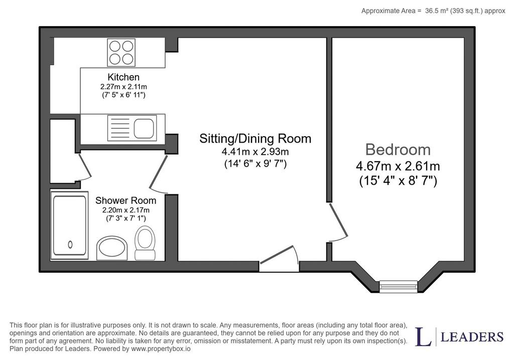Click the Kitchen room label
[x=123, y=77]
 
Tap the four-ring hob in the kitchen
[x=121, y=52]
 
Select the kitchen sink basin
[x=144, y=128]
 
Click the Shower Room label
[x=125, y=200]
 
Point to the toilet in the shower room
[x=145, y=243]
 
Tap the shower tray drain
[x=70, y=244]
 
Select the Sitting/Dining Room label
[x=255, y=139]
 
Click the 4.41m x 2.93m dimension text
[x=255, y=152]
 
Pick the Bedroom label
[x=398, y=150]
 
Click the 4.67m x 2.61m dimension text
[x=398, y=166]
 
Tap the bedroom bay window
[x=398, y=286]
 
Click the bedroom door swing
[x=339, y=220]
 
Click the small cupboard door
[x=85, y=167]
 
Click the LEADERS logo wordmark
[x=472, y=337]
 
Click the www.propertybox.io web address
[x=161, y=349]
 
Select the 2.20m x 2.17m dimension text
[x=126, y=210]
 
